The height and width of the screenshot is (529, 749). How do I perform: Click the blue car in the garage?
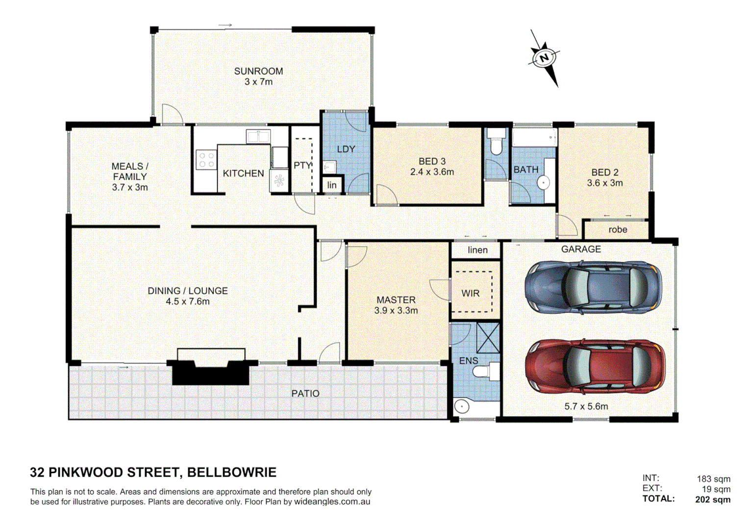[x=593, y=287]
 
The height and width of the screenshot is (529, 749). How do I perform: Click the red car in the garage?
[x=595, y=366]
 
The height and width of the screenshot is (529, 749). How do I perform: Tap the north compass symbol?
[x=544, y=58]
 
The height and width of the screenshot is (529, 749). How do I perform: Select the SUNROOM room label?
[x=258, y=72]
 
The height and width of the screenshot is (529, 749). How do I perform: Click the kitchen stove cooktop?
[x=206, y=160]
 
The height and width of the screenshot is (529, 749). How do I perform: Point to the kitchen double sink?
[x=258, y=136]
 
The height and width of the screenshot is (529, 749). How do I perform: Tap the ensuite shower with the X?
[x=488, y=337]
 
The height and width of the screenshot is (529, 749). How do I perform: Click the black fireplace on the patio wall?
[x=211, y=372]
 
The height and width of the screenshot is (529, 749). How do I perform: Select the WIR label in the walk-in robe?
[x=471, y=293]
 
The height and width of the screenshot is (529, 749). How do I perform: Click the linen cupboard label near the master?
[x=477, y=250]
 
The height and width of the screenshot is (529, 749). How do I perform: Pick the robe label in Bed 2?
[x=618, y=230]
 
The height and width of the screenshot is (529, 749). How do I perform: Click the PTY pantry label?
[x=302, y=166]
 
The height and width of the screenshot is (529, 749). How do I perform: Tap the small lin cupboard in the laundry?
[x=332, y=185]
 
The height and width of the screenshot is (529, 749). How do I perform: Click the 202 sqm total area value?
[x=712, y=500]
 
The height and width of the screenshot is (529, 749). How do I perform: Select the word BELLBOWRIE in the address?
[x=231, y=472]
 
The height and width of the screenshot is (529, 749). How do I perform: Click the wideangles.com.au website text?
[x=332, y=502]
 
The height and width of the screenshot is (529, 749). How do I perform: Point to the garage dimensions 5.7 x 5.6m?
[x=586, y=407]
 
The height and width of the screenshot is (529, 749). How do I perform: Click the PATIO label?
[x=305, y=394]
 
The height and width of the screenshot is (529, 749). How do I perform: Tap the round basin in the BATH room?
[x=544, y=183]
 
